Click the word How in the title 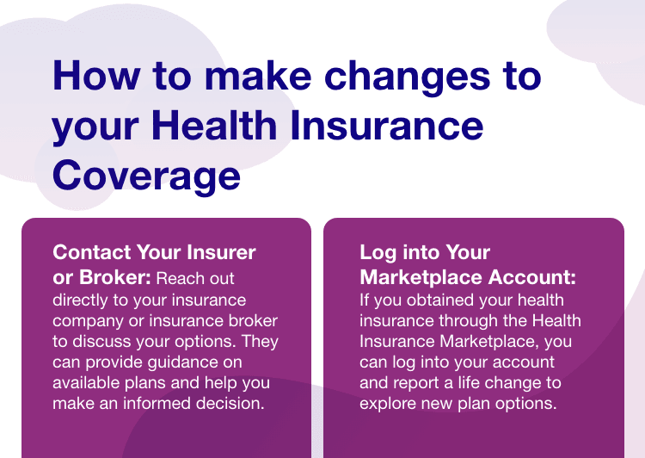tap(96, 76)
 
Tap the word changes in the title tap(407, 78)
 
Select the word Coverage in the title tap(146, 176)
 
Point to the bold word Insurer tap(221, 252)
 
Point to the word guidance tap(194, 362)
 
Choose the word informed tap(157, 403)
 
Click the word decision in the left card tap(230, 403)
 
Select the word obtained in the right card tap(440, 300)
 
